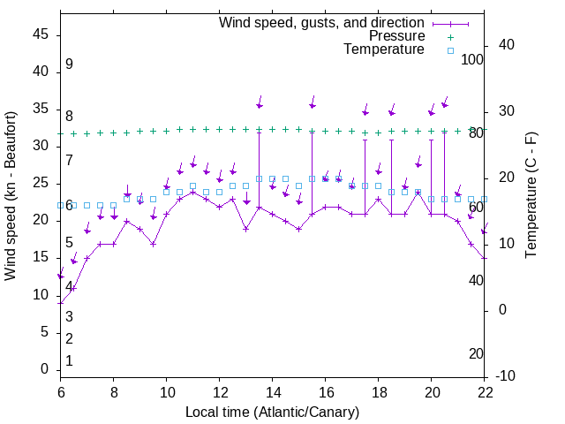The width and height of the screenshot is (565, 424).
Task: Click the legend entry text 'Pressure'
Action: (x=397, y=36)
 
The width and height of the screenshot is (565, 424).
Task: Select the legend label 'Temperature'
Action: (x=384, y=49)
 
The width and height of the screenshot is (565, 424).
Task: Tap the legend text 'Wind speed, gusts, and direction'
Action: (x=322, y=22)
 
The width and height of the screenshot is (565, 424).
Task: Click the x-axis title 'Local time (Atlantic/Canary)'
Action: (x=272, y=412)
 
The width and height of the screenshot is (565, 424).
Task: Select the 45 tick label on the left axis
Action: (x=41, y=34)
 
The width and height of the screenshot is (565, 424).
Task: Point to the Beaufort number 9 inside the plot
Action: (x=69, y=64)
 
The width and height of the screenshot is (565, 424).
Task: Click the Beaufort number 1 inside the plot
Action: (x=69, y=361)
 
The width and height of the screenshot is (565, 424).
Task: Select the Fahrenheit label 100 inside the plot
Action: (x=472, y=60)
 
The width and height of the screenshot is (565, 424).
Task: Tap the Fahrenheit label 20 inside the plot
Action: (x=476, y=354)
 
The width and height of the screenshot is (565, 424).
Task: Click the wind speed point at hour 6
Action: (x=61, y=302)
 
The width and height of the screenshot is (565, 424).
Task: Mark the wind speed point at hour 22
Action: (x=485, y=258)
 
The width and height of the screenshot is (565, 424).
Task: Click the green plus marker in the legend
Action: (x=449, y=37)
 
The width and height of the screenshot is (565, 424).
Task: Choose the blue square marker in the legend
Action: (x=449, y=50)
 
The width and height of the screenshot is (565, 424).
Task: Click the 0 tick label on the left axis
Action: (x=45, y=369)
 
